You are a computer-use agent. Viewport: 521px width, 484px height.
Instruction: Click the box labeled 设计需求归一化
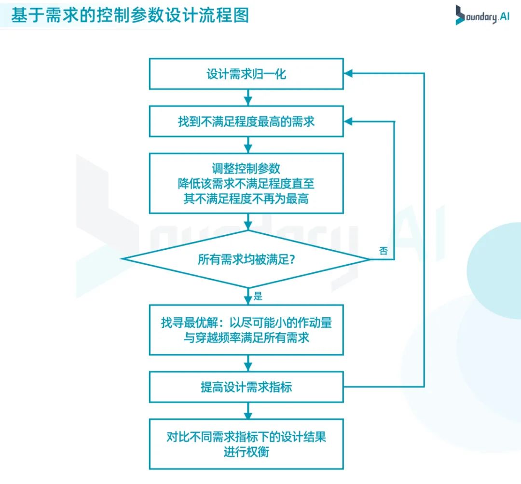246,74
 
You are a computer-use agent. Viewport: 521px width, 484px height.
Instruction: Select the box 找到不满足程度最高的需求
246,121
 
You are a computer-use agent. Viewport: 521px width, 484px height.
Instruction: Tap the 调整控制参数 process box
246,183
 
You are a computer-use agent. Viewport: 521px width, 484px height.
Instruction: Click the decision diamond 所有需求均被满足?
246,259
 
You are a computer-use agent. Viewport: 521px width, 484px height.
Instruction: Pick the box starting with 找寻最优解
246,330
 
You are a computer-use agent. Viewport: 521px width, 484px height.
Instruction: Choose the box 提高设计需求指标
246,387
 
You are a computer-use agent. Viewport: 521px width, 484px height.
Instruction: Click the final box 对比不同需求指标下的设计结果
246,444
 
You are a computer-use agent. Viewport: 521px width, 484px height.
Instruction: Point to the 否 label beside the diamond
383,251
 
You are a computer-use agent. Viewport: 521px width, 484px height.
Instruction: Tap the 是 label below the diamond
258,296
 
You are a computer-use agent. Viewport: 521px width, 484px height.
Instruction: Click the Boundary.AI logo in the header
482,15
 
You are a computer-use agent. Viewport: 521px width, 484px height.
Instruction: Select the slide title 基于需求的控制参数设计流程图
130,15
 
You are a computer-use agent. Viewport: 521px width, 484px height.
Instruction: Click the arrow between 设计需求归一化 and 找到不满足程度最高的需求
248,97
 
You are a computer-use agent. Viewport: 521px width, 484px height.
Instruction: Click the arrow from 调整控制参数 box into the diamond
248,222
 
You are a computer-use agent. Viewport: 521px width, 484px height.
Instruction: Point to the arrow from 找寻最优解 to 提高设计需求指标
248,363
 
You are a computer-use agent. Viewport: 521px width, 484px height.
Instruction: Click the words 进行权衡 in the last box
246,452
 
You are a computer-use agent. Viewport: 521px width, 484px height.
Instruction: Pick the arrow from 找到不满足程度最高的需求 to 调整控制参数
248,145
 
